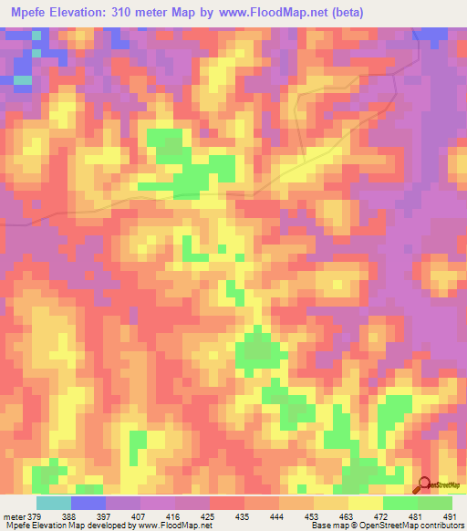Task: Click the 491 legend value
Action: tap(451, 516)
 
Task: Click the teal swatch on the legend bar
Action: tap(54, 503)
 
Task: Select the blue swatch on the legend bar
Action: tap(88, 503)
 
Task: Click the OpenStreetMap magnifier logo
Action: tap(424, 484)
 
